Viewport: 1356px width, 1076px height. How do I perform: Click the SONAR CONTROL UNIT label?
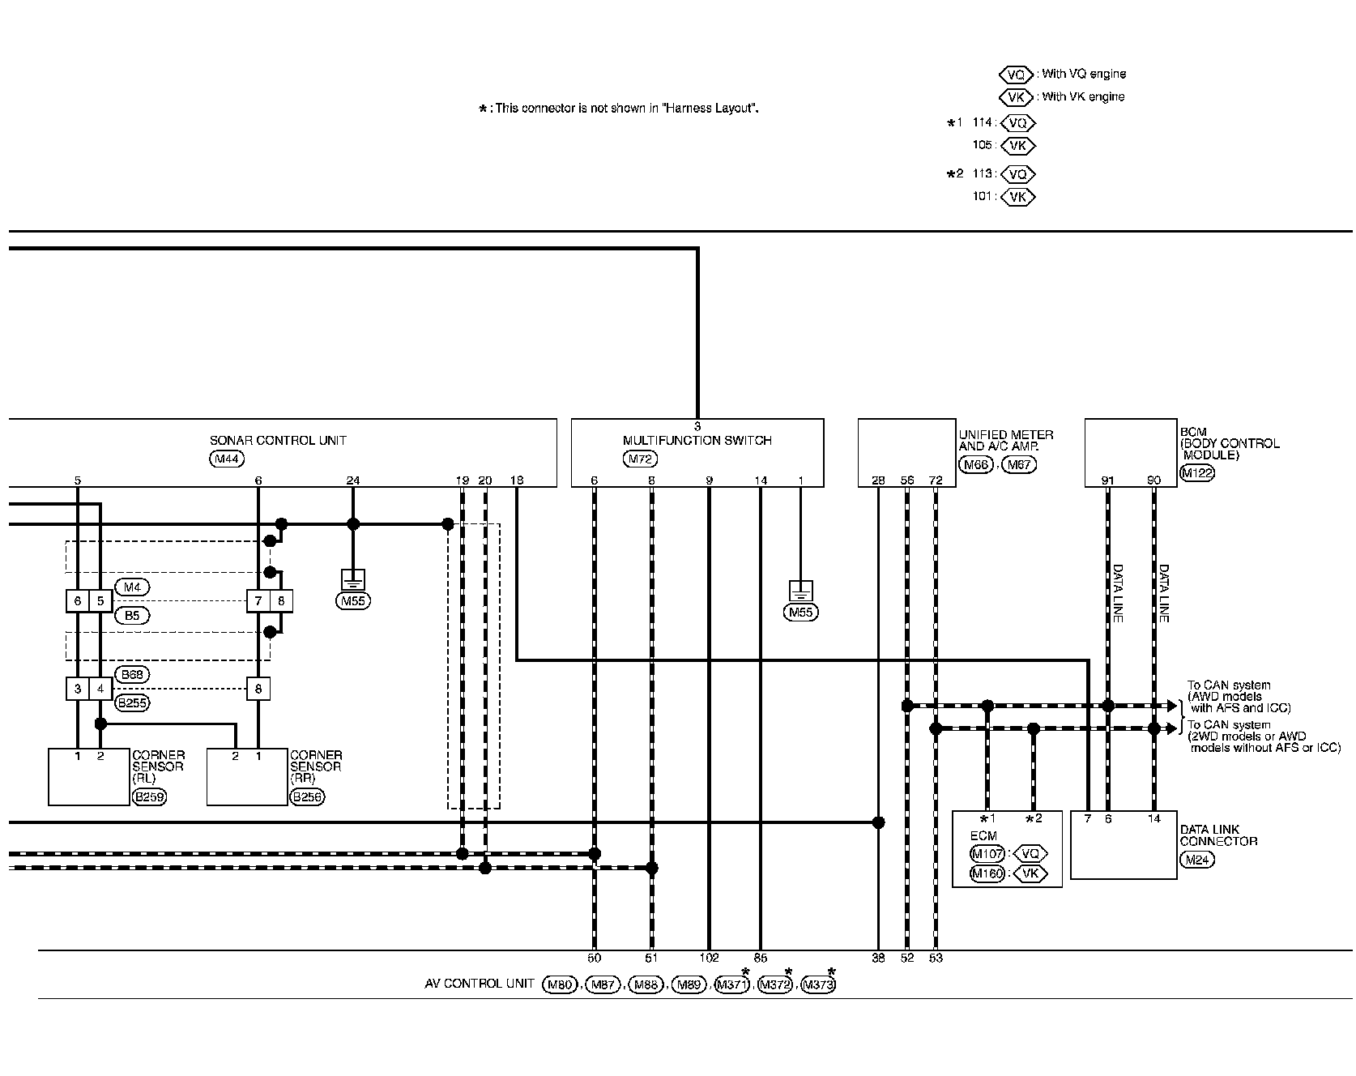(278, 441)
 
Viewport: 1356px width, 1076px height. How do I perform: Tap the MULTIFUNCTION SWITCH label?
(697, 441)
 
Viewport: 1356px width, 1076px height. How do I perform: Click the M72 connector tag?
(641, 459)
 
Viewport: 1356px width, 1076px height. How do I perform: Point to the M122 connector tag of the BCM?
(1197, 474)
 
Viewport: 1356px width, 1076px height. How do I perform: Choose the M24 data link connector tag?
(1196, 860)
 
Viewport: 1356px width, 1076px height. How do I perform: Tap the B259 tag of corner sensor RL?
(148, 797)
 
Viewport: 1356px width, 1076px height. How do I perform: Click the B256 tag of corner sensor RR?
(307, 797)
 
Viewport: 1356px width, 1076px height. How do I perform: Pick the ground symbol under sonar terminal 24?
(353, 579)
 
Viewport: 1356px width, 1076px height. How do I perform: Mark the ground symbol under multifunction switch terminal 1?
(800, 591)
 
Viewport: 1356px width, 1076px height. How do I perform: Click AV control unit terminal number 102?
(709, 958)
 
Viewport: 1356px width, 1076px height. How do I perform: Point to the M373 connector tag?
(817, 985)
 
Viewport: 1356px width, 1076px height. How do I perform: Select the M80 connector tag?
(559, 985)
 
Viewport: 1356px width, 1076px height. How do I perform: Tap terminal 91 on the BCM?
(1107, 480)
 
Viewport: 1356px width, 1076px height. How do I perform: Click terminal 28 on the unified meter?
(878, 480)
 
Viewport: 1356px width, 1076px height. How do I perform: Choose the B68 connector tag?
(133, 674)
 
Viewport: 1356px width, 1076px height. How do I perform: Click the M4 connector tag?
(132, 587)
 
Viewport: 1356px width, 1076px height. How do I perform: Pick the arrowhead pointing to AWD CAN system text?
(1171, 706)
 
